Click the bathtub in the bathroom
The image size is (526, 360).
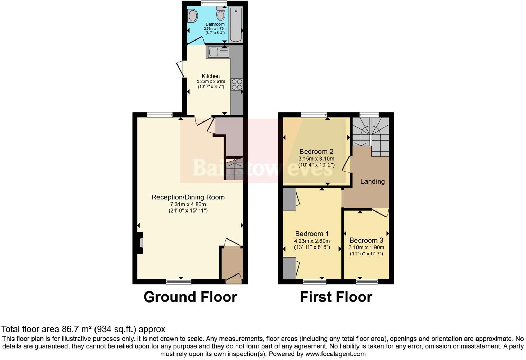point(236,24)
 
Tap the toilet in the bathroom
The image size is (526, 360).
point(221,14)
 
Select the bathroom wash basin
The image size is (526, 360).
point(192,16)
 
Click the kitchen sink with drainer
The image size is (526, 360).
point(218,52)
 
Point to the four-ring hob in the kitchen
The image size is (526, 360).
point(237,84)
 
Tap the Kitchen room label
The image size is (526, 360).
point(211,76)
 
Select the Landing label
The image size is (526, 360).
point(372,181)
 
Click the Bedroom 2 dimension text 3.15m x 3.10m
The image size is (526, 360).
point(316,159)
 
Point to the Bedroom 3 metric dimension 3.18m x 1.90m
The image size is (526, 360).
point(366,247)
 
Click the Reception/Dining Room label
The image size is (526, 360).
point(188,197)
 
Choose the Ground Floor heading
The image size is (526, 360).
point(190,297)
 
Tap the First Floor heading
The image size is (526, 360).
point(336,297)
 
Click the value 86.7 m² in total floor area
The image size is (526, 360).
point(77,329)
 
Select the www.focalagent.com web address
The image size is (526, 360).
point(335,354)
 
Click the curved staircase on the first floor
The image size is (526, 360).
point(370,133)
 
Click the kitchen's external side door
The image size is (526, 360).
point(181,69)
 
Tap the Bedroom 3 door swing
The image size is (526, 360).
point(380,213)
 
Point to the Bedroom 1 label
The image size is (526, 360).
point(312,234)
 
